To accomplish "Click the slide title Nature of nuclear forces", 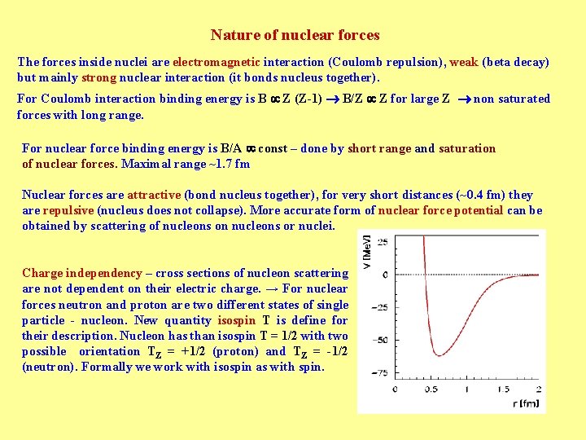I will coord(295,35).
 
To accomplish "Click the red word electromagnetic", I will coord(216,62).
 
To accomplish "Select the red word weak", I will coord(463,62).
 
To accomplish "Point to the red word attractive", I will coord(154,195).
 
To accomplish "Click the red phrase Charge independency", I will coord(82,273).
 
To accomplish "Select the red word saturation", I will coord(466,148).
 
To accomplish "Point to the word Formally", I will coord(103,367).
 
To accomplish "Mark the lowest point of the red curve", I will coord(438,354).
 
